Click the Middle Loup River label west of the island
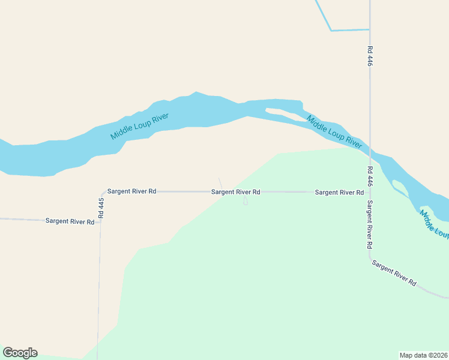click(139, 127)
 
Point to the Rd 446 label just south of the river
click(370, 177)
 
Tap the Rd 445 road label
click(101, 207)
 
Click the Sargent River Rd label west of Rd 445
click(70, 221)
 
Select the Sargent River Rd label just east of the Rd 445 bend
click(131, 191)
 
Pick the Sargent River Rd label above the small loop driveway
click(235, 192)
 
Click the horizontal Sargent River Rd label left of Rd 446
click(339, 193)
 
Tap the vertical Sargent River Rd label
click(370, 224)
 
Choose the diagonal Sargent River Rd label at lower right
click(393, 272)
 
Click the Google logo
click(20, 353)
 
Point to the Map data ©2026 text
click(423, 355)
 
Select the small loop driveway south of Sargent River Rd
click(245, 202)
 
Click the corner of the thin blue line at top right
click(330, 31)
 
